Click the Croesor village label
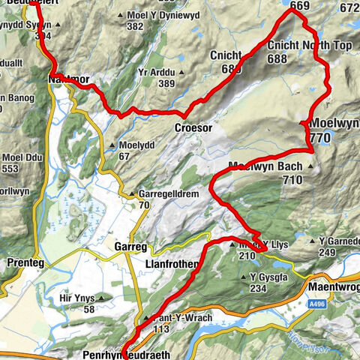pos(193,128)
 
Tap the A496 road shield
pos(318,305)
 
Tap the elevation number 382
pos(135,26)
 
